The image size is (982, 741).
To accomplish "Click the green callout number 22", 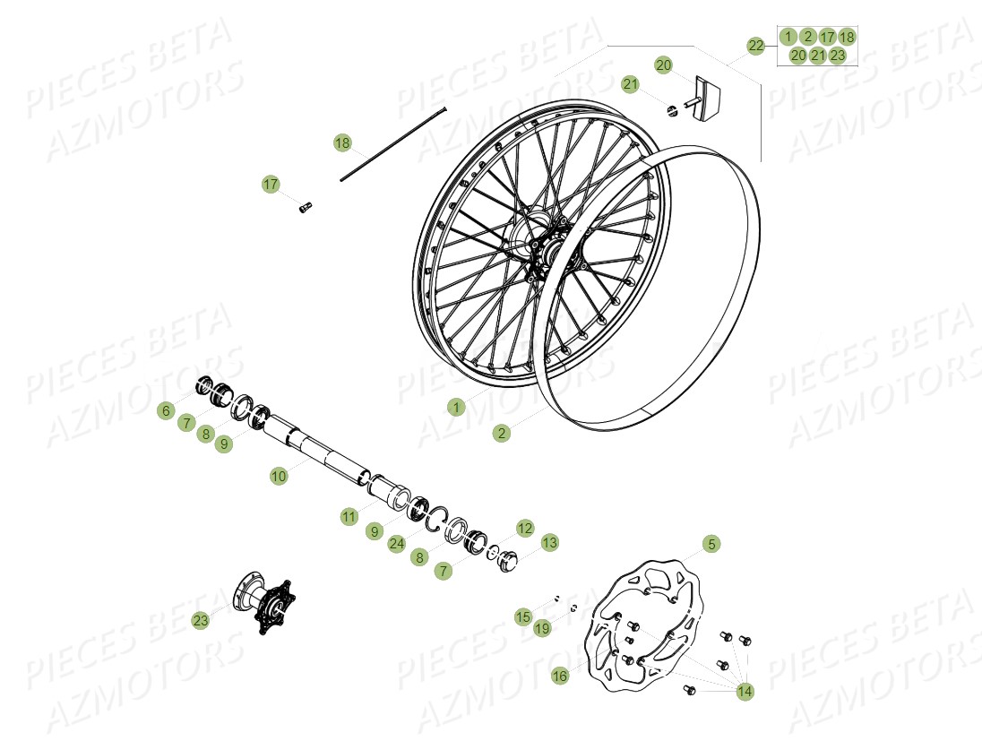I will (x=756, y=46).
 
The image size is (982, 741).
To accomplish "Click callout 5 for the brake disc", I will (x=711, y=544).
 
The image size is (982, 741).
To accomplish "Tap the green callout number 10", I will (x=279, y=477).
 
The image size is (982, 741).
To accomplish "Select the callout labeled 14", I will (x=745, y=691).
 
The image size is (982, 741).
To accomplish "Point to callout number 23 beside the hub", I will (x=200, y=619).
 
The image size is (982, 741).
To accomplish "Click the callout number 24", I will (x=396, y=544).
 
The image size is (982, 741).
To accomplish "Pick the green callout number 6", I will (x=165, y=411).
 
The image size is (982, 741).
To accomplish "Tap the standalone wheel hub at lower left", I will (x=264, y=607).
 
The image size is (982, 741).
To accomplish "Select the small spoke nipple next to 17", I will (x=304, y=207).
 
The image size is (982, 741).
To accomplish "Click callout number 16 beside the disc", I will (x=560, y=676).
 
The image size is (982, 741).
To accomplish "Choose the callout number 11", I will (x=349, y=517).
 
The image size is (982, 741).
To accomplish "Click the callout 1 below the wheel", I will (x=457, y=408).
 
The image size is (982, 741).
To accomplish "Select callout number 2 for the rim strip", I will (x=502, y=433).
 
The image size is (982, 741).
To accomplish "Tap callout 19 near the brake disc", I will (x=542, y=628).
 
